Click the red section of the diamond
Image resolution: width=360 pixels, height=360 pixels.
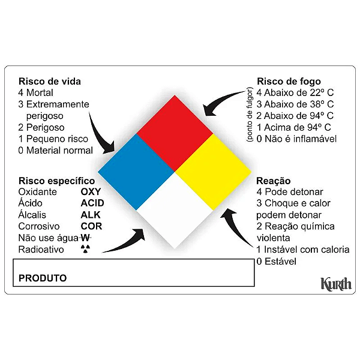click(x=175, y=133)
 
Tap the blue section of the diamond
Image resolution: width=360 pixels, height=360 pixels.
click(x=136, y=172)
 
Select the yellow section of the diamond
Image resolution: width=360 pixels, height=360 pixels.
click(x=213, y=172)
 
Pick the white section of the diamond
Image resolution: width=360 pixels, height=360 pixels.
click(x=175, y=211)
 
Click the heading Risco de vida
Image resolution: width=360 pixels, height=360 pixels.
click(x=50, y=81)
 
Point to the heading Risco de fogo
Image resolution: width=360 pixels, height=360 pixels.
click(x=289, y=81)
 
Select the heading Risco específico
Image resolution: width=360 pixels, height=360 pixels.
click(x=57, y=181)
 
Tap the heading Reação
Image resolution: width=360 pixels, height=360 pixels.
click(x=274, y=181)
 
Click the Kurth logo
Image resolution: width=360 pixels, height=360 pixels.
click(x=336, y=284)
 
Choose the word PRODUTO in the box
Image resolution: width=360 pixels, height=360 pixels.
click(x=43, y=278)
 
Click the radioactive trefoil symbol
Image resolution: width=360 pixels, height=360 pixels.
click(x=86, y=249)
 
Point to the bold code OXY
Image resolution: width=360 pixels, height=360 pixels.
click(x=91, y=191)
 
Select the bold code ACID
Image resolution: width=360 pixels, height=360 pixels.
click(x=92, y=203)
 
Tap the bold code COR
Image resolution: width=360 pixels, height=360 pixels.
click(x=91, y=226)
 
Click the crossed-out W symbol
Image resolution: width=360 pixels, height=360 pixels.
click(x=86, y=238)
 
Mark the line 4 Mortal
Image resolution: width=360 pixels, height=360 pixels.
click(x=35, y=93)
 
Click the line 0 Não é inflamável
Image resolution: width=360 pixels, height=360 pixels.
click(x=296, y=139)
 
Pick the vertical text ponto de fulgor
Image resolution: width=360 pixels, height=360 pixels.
click(x=250, y=115)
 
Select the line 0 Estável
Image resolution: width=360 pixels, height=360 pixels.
click(x=277, y=261)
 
